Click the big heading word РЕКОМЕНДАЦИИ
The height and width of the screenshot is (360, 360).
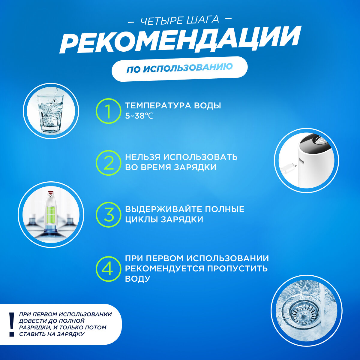pos(180,40)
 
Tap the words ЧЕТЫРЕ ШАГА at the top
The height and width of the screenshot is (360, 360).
pos(180,20)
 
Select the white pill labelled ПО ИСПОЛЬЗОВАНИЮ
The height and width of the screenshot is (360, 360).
pos(179,69)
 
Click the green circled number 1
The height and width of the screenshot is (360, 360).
pos(108,111)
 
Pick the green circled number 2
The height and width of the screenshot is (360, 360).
pos(108,163)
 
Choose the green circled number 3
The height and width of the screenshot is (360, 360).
pos(108,214)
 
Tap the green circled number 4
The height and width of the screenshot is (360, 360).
pos(108,269)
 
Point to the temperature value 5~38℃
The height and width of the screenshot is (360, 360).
pos(139,116)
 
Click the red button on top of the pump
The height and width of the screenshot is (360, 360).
pos(50,192)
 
